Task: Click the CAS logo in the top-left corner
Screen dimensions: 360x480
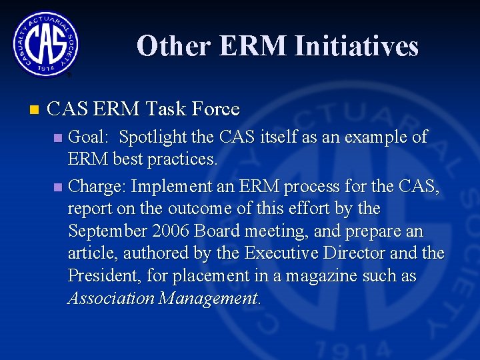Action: click(45, 44)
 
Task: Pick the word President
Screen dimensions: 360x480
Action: click(100, 276)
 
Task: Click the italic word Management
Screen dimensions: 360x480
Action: click(210, 298)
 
